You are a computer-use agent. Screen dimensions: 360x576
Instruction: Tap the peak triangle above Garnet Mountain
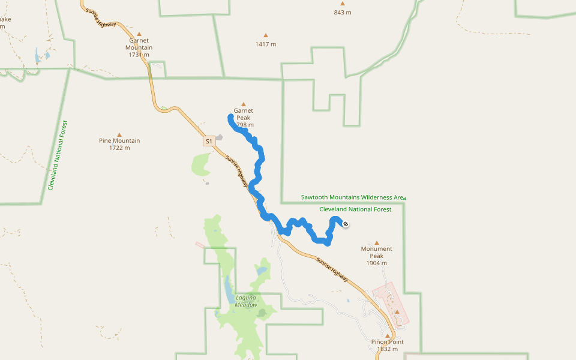coord(139,34)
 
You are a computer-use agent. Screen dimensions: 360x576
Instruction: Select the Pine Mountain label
coord(119,141)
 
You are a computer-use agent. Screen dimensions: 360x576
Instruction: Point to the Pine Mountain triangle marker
coord(119,134)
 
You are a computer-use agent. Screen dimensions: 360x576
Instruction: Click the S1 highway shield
coord(208,142)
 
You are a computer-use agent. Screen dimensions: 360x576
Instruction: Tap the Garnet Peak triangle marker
coord(243,104)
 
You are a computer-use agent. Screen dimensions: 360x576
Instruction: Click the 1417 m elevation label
coord(265,44)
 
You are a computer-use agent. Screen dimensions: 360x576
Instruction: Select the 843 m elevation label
coord(343,12)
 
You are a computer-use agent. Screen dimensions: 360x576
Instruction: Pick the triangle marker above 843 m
coord(343,3)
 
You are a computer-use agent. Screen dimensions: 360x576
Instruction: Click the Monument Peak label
coord(376,248)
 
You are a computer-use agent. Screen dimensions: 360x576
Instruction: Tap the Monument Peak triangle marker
coord(377,242)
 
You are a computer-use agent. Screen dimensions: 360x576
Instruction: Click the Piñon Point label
coord(388,342)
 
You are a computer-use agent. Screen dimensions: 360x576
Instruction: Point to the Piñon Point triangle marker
coord(388,336)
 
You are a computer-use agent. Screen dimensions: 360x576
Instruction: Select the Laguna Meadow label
coord(246,301)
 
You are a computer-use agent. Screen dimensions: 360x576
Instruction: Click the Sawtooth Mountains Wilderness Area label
coord(354,197)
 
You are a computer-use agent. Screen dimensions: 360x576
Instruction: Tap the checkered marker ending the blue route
coord(346,224)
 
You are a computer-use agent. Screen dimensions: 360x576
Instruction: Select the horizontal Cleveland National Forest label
coord(355,209)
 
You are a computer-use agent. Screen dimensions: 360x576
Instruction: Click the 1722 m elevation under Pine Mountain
coord(119,148)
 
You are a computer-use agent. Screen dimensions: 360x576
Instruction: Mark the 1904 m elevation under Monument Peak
coord(376,263)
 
